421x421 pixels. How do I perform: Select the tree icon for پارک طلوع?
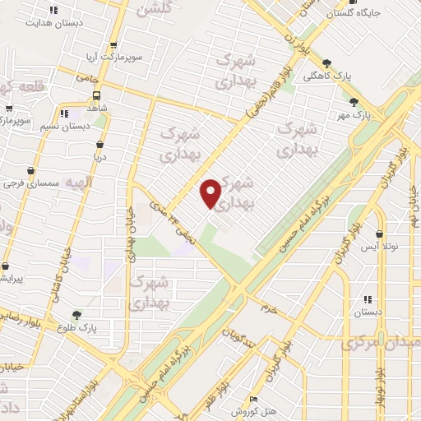[x=76, y=314]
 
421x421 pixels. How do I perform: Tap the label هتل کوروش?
[x=246, y=411]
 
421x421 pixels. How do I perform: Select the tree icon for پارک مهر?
[x=354, y=103]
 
